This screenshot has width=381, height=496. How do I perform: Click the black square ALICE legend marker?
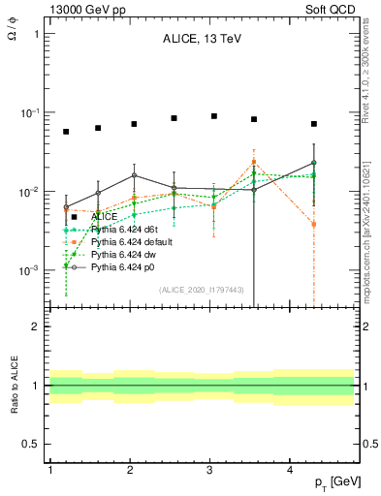click(74, 217)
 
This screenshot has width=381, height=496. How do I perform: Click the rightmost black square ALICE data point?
click(314, 124)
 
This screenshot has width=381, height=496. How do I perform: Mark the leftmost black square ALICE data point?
click(66, 132)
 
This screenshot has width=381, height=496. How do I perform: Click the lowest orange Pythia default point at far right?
click(314, 225)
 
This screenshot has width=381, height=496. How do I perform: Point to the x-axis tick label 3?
click(210, 470)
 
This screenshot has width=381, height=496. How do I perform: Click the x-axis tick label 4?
click(291, 470)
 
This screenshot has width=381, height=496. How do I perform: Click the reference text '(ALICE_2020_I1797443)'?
click(202, 290)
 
